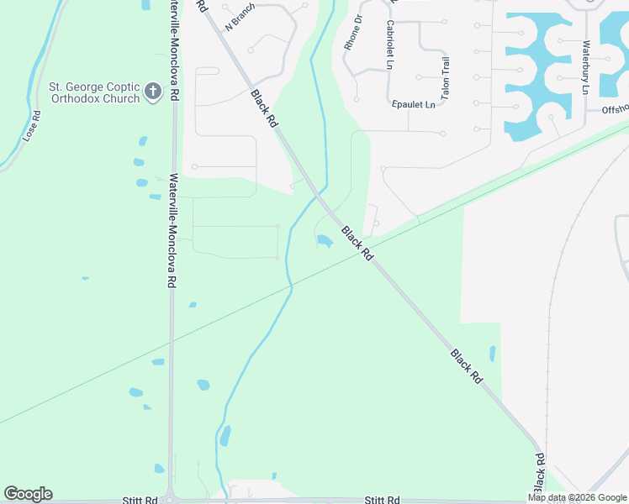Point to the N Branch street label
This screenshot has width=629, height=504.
(x=240, y=18)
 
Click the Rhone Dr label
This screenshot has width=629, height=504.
(x=354, y=33)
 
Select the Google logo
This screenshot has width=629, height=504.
(x=28, y=494)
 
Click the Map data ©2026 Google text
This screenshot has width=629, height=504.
(x=577, y=497)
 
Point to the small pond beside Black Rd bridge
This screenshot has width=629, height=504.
(x=324, y=242)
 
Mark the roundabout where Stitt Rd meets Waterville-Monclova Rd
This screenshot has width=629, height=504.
(x=171, y=501)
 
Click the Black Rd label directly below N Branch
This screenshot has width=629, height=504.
(x=264, y=108)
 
